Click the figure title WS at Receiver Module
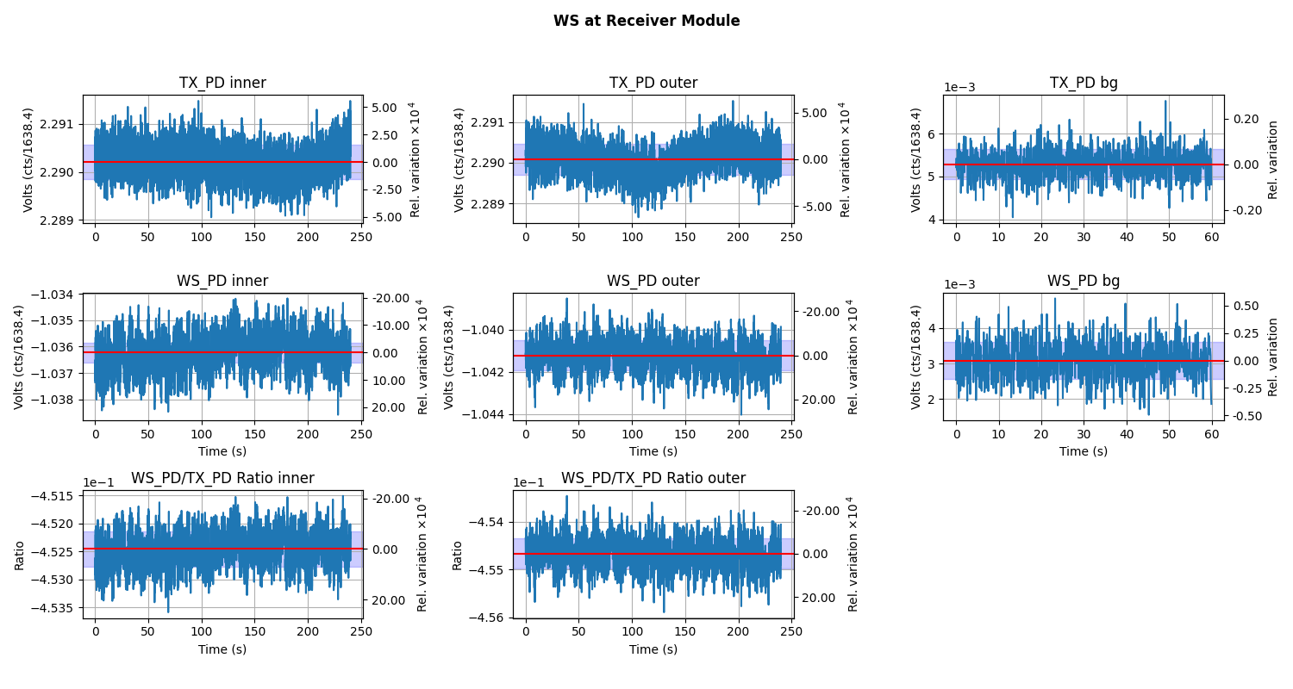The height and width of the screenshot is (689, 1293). tap(646, 22)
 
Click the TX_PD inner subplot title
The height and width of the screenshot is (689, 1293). tap(222, 84)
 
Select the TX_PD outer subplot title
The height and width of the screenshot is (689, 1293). tap(653, 84)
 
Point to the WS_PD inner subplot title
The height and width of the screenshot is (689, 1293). tap(222, 282)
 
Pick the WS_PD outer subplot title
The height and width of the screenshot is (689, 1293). tap(653, 282)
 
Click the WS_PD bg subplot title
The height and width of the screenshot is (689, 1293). tap(1084, 282)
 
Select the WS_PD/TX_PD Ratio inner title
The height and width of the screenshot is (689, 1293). tap(222, 479)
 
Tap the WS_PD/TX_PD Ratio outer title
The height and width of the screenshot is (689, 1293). tap(653, 479)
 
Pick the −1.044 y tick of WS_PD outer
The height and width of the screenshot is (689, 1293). tap(486, 414)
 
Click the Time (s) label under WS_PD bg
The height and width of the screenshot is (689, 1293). tap(1084, 451)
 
